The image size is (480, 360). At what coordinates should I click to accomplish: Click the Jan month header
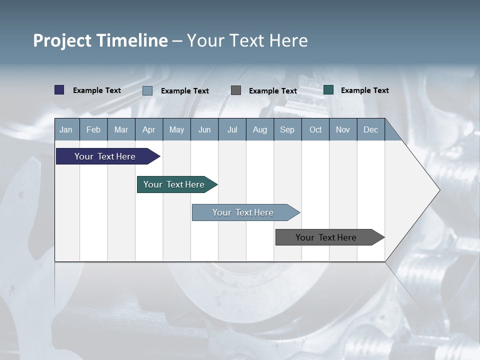tap(66, 129)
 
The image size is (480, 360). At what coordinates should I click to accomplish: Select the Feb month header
tap(93, 129)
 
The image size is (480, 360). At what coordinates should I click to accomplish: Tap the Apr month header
tap(148, 129)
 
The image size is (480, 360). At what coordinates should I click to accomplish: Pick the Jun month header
tap(204, 129)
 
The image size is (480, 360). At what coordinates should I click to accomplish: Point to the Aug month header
tap(259, 129)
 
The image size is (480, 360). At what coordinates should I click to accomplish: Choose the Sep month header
tap(287, 129)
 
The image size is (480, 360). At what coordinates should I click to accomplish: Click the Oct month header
tap(315, 129)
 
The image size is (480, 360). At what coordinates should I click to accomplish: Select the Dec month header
tap(370, 129)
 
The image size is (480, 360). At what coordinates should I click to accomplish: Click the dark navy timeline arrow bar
tap(105, 156)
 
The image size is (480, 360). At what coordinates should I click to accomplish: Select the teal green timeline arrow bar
tap(174, 184)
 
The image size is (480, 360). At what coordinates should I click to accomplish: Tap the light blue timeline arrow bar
tap(243, 212)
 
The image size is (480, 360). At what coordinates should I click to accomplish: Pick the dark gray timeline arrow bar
tap(326, 237)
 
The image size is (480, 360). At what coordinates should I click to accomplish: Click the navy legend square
tap(59, 90)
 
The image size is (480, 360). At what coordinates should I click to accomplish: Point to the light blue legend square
tap(147, 90)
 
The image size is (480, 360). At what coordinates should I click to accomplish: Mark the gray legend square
tap(236, 90)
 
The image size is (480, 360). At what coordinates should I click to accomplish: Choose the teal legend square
tap(328, 90)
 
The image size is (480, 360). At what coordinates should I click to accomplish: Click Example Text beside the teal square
tap(364, 90)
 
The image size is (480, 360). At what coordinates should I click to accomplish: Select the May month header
tap(176, 129)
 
